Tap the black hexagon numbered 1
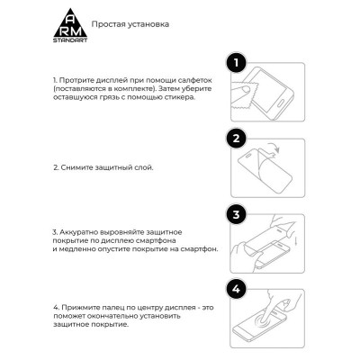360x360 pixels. pos(236,63)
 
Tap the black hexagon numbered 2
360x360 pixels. pos(236,139)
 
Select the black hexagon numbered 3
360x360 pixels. pos(236,216)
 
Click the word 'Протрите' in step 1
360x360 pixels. pos(78,80)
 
